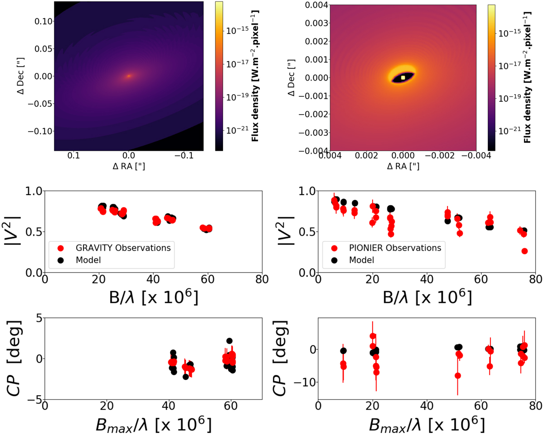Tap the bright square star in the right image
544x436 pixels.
(x=403, y=77)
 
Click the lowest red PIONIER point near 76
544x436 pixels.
(x=525, y=251)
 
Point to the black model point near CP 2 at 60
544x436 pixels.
(x=229, y=341)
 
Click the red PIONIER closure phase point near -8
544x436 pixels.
(x=458, y=375)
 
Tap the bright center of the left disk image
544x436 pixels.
(x=129, y=76)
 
